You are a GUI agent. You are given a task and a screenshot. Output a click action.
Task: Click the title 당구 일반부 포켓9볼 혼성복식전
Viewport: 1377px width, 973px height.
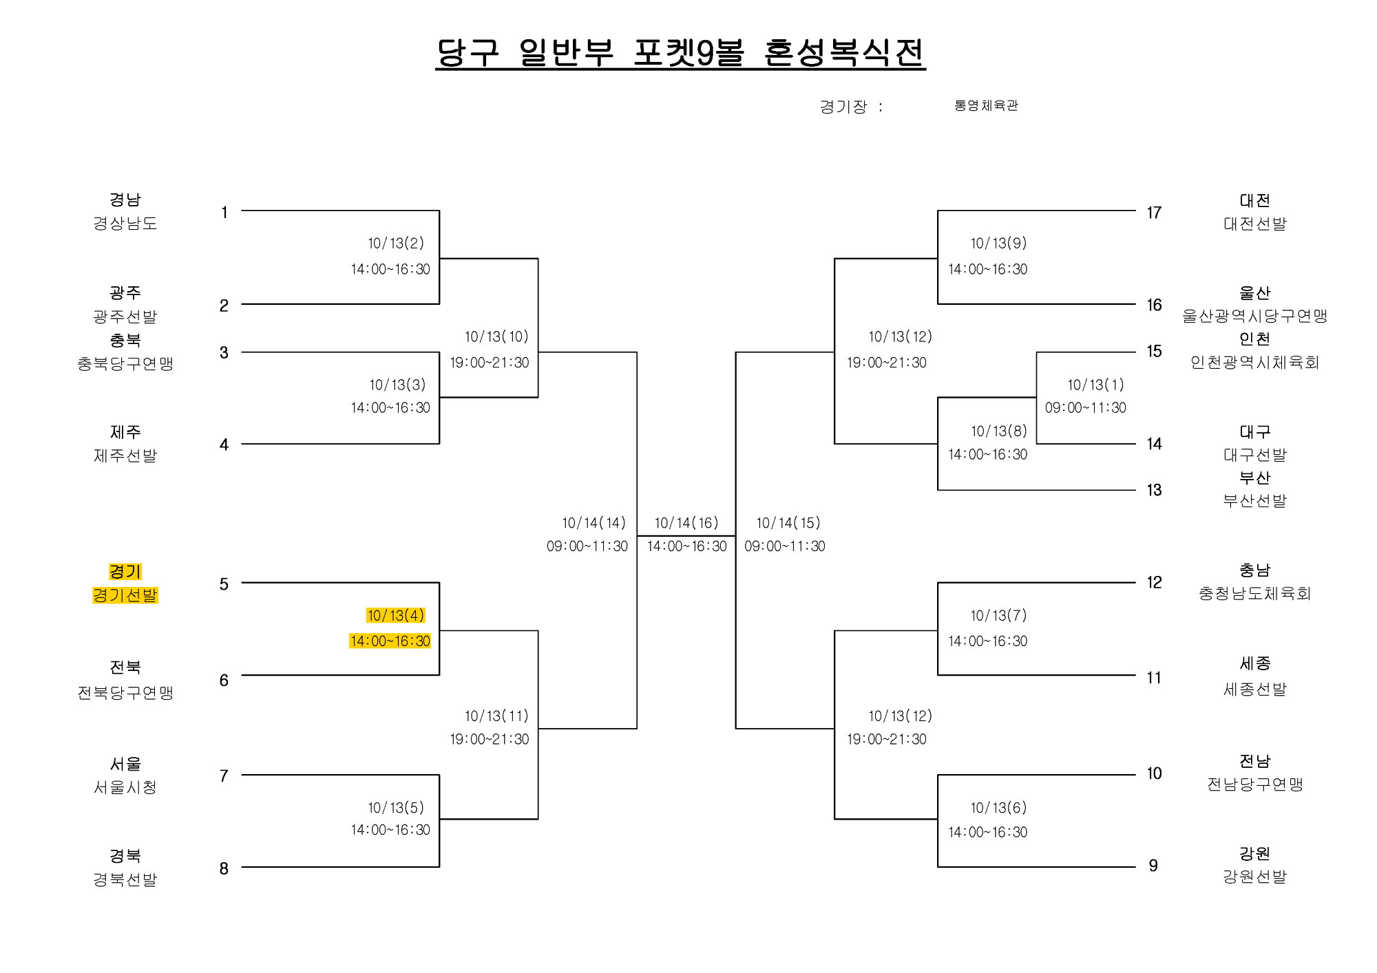680,52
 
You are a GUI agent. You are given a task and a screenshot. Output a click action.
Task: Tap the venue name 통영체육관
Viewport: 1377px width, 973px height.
986,105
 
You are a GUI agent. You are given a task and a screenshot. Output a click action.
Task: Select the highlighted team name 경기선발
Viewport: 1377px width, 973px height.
125,595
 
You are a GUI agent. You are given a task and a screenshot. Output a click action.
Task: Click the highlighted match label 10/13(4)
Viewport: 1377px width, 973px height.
395,615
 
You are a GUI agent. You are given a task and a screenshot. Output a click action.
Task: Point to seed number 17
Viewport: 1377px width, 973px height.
1154,213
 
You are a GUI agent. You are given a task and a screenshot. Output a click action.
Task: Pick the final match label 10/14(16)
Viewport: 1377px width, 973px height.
686,523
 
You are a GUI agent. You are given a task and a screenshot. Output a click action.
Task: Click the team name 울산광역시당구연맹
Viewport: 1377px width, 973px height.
1254,316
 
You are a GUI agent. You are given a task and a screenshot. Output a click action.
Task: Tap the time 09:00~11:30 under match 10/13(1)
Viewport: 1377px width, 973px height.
1086,407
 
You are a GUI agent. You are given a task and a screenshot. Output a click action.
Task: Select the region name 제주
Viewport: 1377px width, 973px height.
125,432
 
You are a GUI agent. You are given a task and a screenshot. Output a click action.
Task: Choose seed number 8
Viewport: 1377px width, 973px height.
224,868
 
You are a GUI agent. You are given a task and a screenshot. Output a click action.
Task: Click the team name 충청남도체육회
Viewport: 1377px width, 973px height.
1254,593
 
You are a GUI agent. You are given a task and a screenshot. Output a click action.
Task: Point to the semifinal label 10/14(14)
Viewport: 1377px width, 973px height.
593,523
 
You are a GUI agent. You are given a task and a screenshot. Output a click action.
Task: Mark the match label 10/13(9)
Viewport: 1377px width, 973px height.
998,243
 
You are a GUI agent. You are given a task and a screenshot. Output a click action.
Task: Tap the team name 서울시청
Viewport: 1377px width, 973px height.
125,787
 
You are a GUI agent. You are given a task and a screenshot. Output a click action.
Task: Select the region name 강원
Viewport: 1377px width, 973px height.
1254,853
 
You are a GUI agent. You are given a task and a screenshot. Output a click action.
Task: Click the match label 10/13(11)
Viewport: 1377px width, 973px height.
496,716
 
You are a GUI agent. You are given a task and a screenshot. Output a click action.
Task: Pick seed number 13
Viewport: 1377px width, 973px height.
1154,490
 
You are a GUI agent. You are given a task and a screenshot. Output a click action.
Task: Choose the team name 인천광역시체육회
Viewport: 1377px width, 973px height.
1254,362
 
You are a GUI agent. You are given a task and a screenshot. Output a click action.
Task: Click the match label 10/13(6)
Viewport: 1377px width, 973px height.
998,807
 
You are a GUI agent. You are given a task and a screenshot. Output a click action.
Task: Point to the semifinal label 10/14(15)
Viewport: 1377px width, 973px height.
788,523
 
